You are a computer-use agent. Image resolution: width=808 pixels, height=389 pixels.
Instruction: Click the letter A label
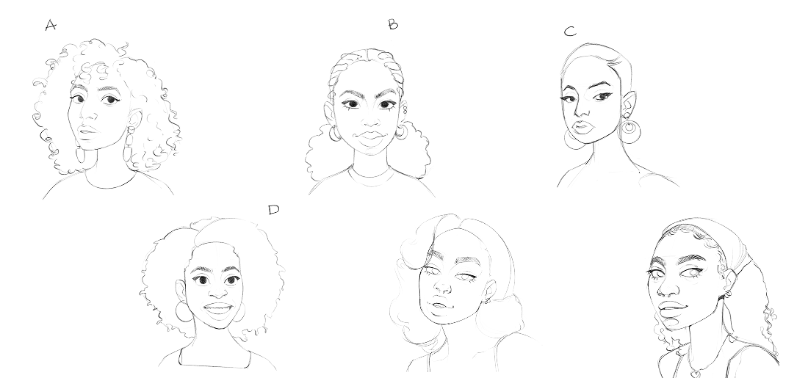[51, 25]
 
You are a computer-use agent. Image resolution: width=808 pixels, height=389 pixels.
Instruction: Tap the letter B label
[393, 24]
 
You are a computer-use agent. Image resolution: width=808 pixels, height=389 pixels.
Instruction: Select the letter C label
[570, 32]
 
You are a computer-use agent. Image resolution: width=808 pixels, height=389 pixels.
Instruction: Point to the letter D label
[274, 210]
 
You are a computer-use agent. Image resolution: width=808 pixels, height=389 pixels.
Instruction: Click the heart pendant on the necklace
[694, 371]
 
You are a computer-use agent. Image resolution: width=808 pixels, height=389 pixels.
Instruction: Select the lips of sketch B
[370, 137]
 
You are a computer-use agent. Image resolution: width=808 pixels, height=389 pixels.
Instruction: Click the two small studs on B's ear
[405, 110]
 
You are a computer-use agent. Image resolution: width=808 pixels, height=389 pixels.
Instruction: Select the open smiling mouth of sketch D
[218, 308]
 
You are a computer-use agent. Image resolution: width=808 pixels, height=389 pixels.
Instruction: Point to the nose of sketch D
[218, 291]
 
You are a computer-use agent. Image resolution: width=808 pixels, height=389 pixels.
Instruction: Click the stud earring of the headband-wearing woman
[729, 294]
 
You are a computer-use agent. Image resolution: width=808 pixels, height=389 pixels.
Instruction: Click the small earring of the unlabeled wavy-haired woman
[487, 300]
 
